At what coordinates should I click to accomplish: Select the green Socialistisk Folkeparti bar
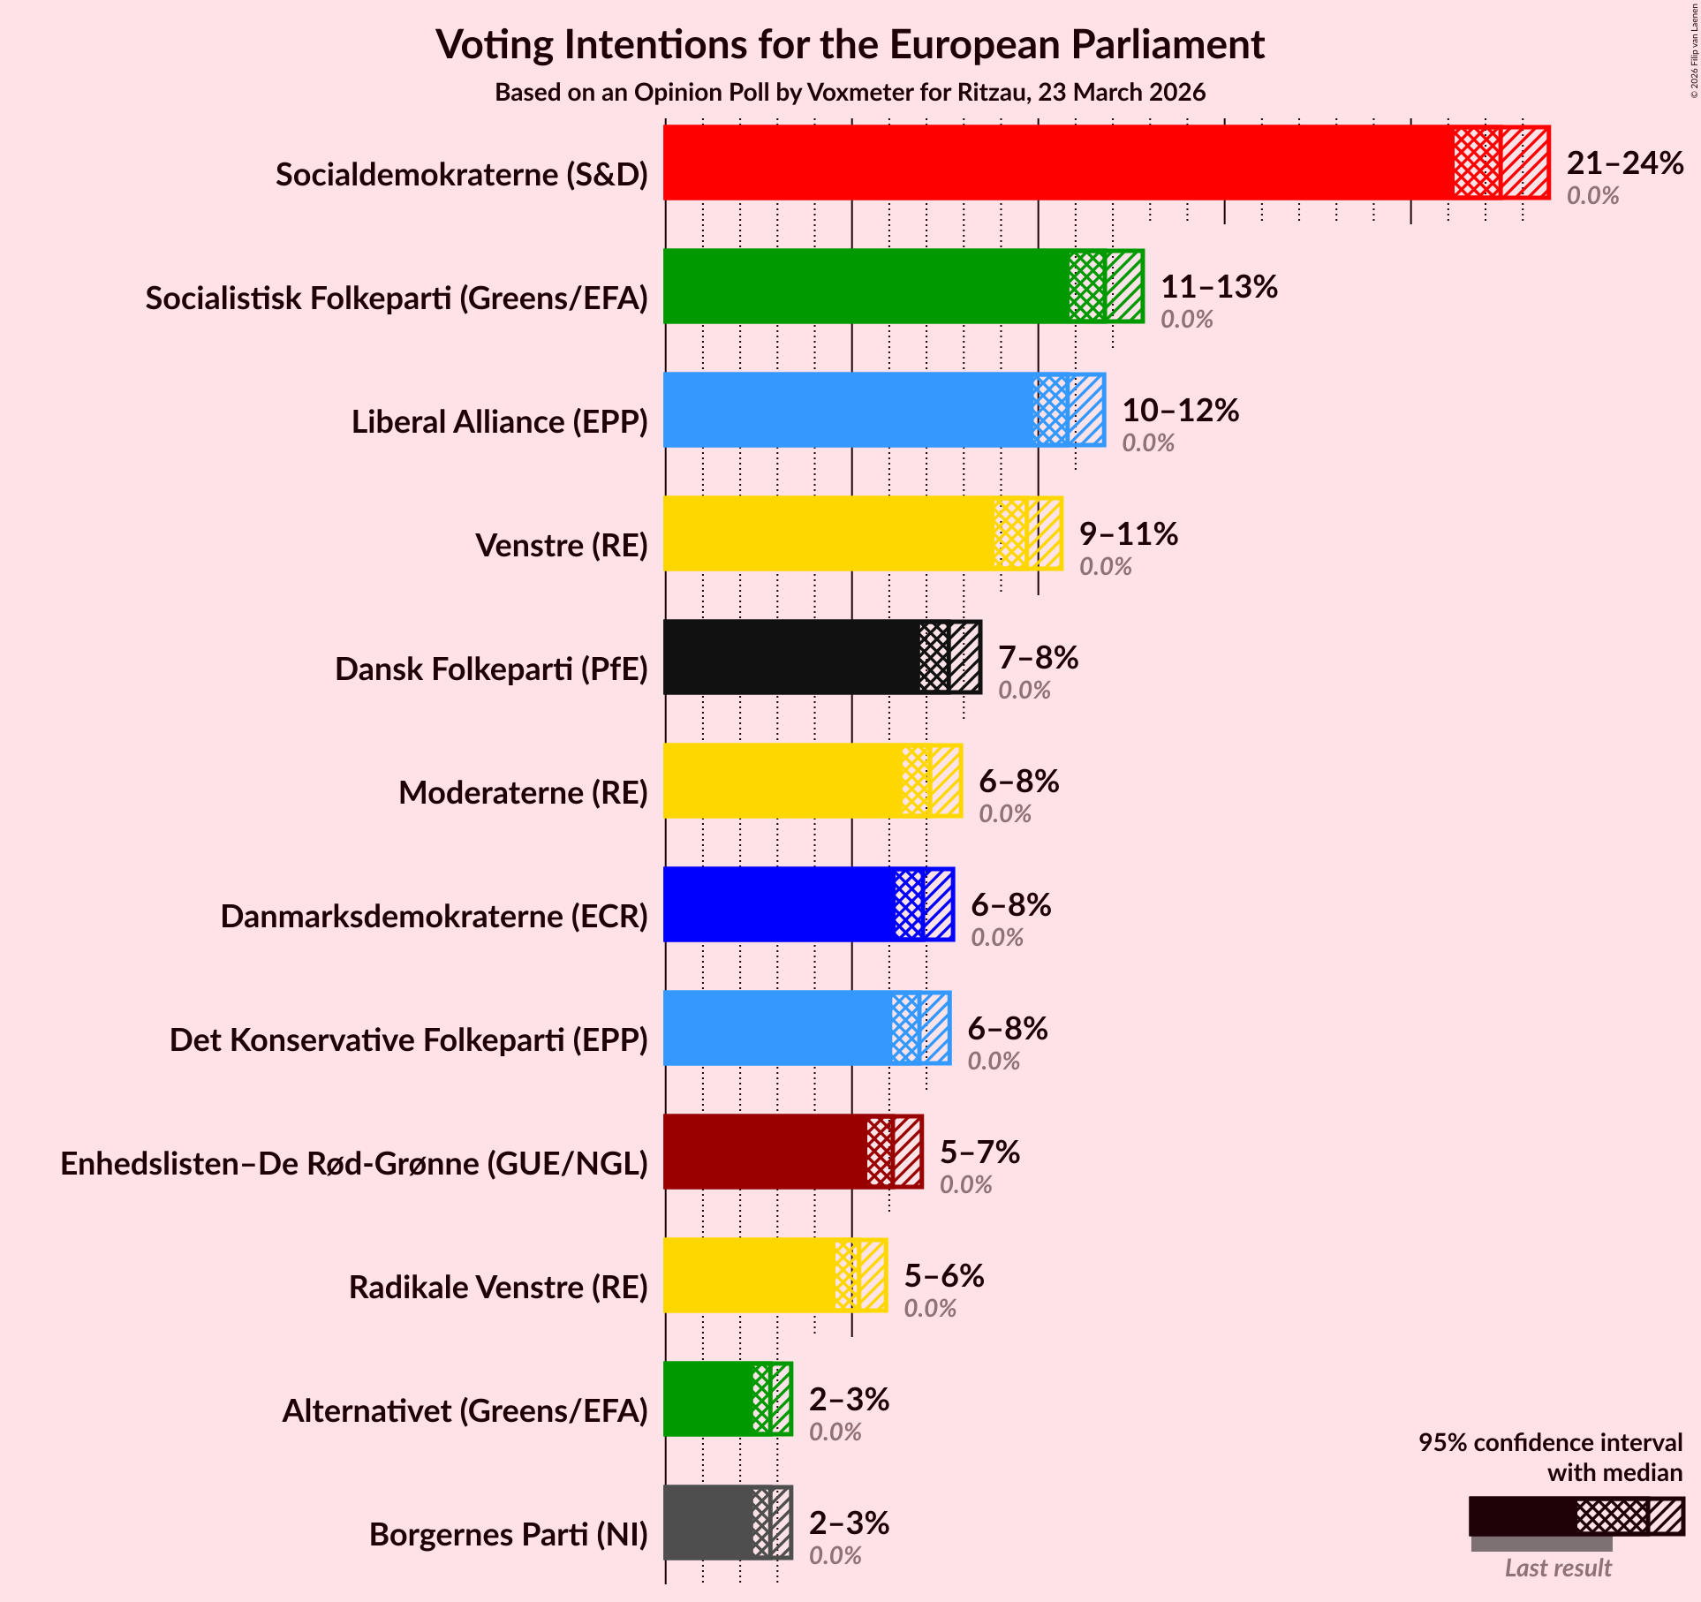(866, 286)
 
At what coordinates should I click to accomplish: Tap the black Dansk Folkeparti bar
(790, 657)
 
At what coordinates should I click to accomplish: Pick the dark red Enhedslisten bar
(765, 1152)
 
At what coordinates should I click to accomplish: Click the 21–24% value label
(1624, 163)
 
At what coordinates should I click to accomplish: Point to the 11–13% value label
(1218, 287)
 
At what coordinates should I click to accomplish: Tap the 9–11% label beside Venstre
(1128, 534)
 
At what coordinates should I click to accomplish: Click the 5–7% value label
(979, 1152)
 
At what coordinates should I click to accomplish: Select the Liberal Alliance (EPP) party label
(500, 422)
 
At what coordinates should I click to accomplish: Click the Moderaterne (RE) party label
(523, 793)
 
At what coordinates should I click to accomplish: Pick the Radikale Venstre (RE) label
(498, 1288)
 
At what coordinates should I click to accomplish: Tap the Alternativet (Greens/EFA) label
(465, 1411)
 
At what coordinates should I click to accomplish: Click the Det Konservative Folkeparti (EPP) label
(409, 1040)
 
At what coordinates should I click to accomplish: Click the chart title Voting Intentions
(850, 44)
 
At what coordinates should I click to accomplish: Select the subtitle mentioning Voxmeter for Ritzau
(850, 93)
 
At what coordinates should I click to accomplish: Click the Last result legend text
(1558, 1568)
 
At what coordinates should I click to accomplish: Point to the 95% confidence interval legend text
(1550, 1457)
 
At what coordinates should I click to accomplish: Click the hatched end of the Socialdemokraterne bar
(1524, 162)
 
